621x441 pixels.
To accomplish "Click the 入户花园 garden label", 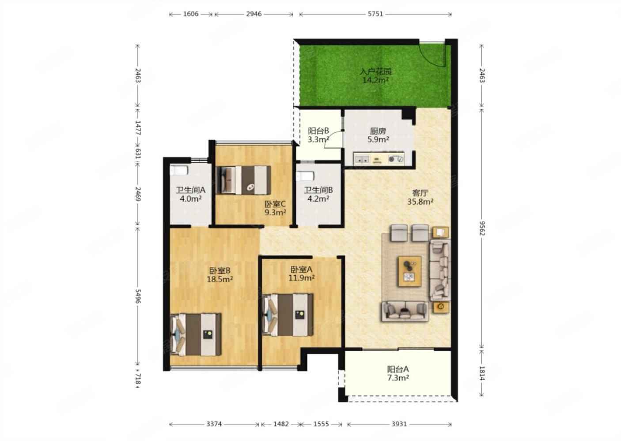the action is [x=375, y=72].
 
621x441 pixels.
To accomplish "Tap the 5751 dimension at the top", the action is [x=375, y=14].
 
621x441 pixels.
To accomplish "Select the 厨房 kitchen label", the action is [x=378, y=131].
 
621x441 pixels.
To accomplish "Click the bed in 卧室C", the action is [x=243, y=180].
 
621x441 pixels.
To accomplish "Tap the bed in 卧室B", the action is [x=196, y=335].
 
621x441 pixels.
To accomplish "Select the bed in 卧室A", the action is [x=288, y=315].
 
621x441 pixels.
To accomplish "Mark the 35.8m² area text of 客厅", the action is [x=420, y=202].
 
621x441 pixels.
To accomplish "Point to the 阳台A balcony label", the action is [x=398, y=369].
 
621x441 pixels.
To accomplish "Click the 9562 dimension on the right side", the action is [x=483, y=228].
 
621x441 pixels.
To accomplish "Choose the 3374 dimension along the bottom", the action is [x=214, y=424].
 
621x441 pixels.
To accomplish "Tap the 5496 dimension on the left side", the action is [x=138, y=296].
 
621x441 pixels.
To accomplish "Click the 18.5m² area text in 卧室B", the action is [x=220, y=279].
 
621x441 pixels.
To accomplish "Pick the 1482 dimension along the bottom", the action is [x=281, y=424].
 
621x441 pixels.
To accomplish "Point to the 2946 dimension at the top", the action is [x=254, y=14].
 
